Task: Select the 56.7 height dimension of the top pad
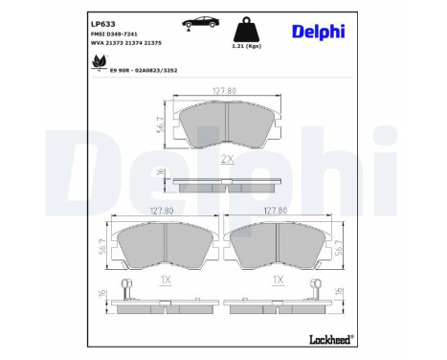point(162,122)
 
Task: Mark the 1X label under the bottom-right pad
point(278,281)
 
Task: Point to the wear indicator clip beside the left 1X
point(124,288)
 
